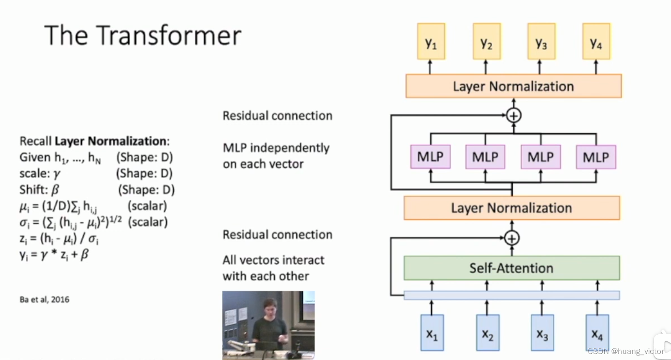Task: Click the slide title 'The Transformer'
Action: click(x=143, y=35)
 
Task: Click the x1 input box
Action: click(x=432, y=333)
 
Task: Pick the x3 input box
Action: click(x=542, y=333)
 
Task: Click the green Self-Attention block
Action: click(x=511, y=268)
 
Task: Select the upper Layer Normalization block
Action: click(x=513, y=86)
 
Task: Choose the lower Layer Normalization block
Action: click(x=511, y=208)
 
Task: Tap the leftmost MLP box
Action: click(x=430, y=157)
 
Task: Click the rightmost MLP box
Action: click(x=596, y=157)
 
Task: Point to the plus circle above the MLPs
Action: click(x=513, y=115)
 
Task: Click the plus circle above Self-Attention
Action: click(x=511, y=238)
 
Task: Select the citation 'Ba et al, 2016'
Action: click(x=45, y=300)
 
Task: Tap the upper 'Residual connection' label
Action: click(x=277, y=116)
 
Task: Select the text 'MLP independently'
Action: click(x=276, y=148)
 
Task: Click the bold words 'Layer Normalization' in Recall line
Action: click(x=110, y=141)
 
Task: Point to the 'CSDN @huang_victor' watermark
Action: click(x=625, y=351)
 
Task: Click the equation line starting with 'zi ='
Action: click(x=59, y=239)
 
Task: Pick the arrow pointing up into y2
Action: click(x=486, y=67)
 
